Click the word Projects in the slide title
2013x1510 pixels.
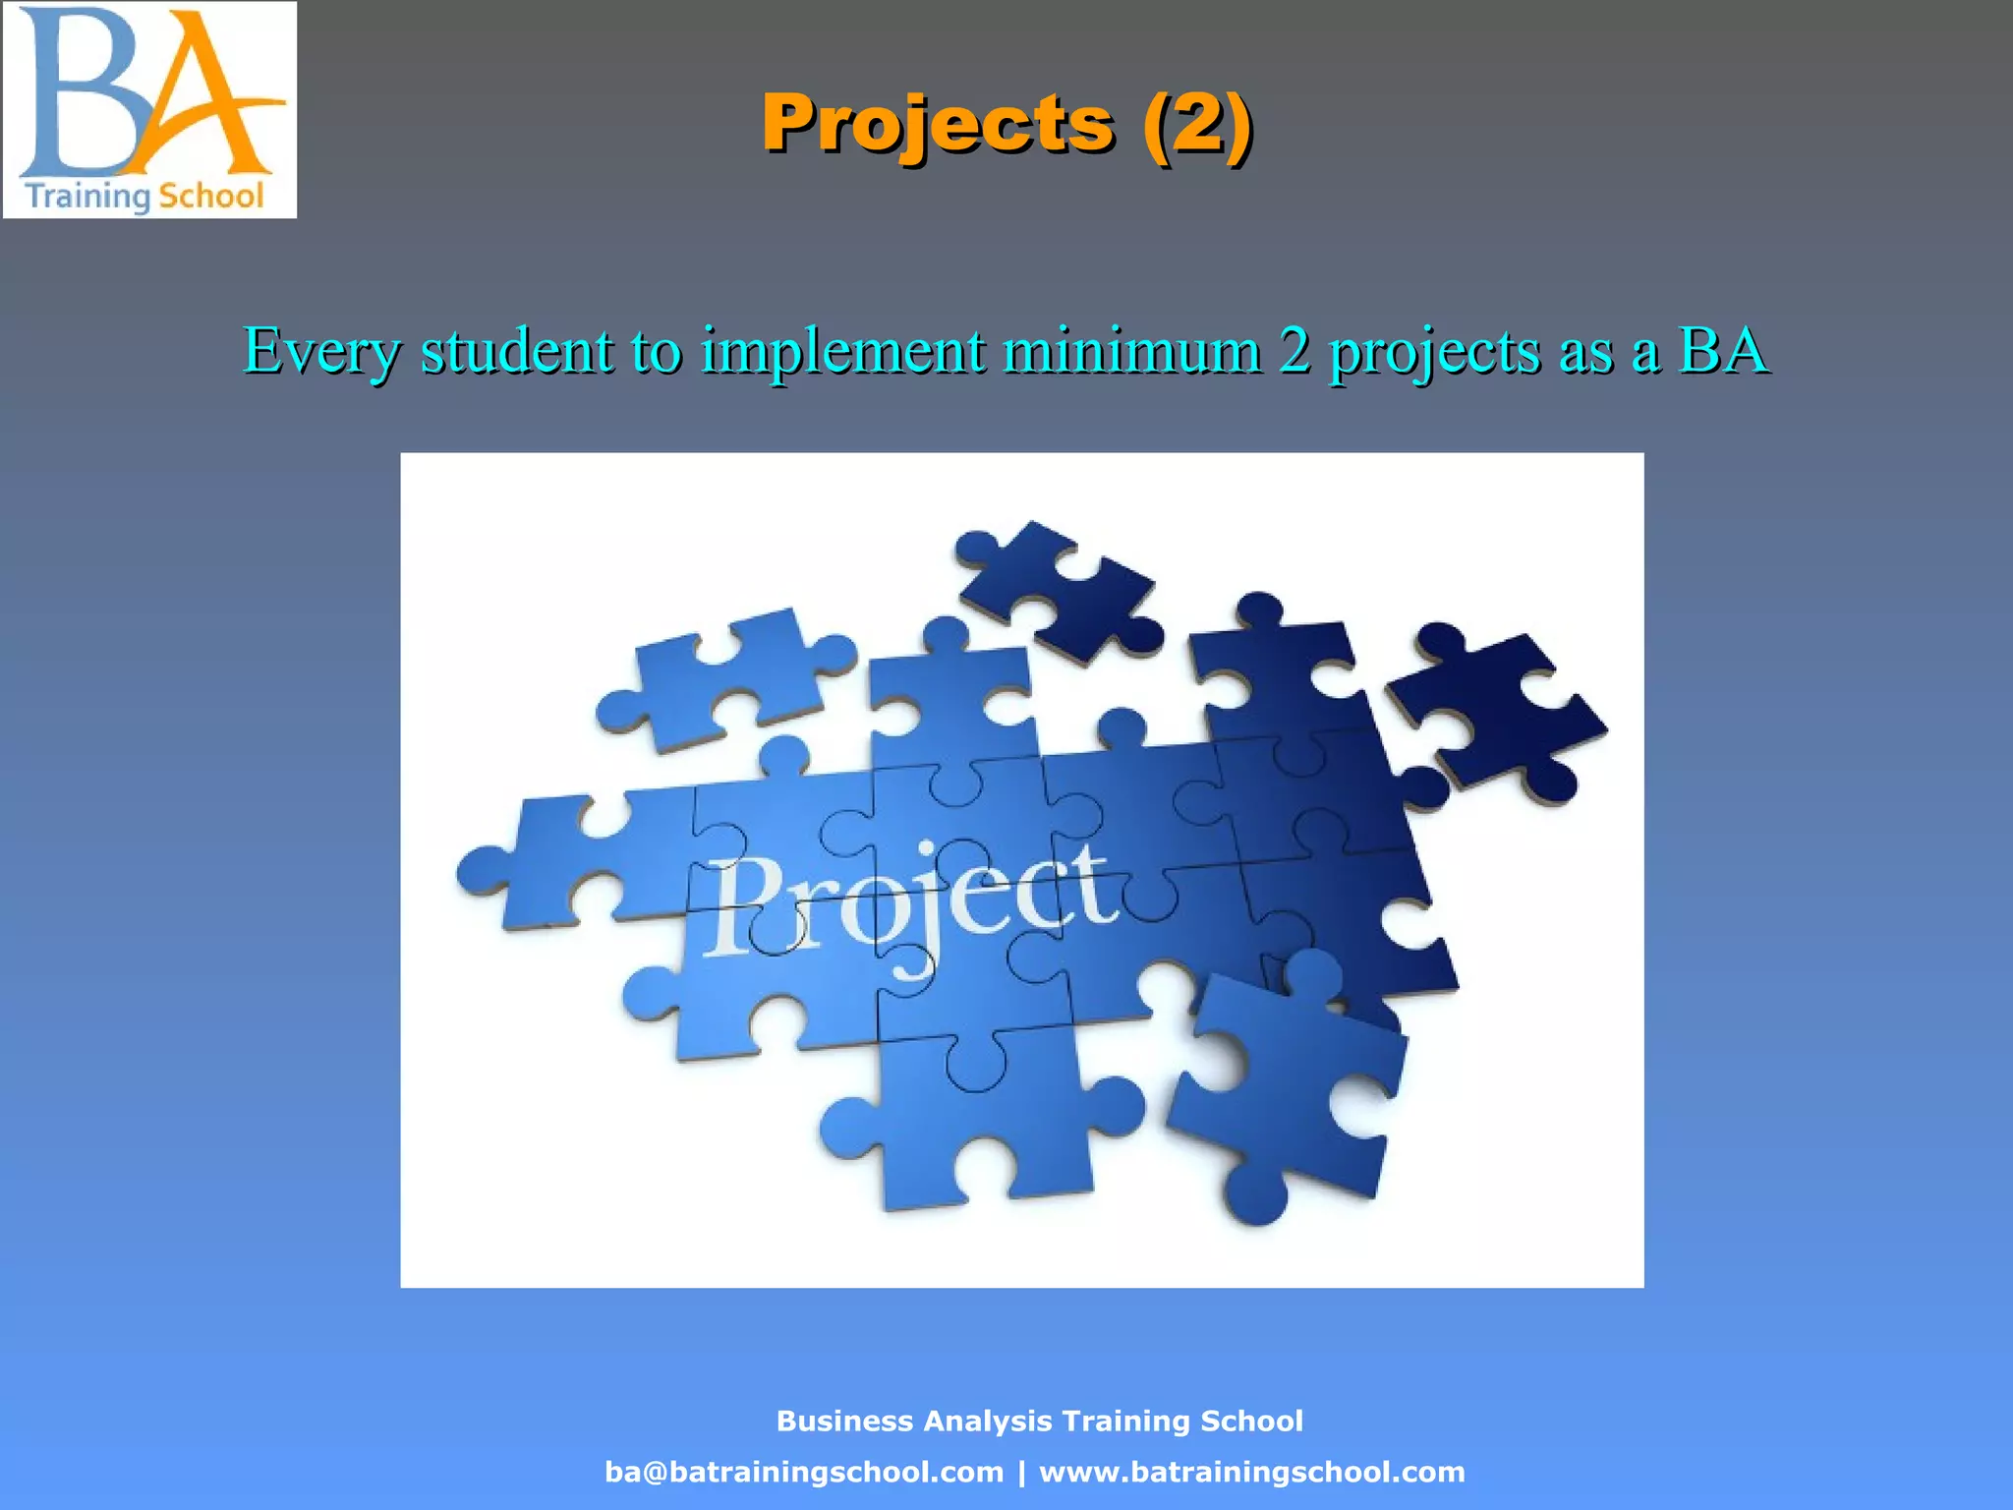[x=938, y=124]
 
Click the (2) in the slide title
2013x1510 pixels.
[x=1196, y=124]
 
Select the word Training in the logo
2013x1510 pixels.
[x=86, y=196]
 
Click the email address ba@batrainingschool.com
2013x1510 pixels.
[x=804, y=1472]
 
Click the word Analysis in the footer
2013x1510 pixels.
[x=988, y=1421]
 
